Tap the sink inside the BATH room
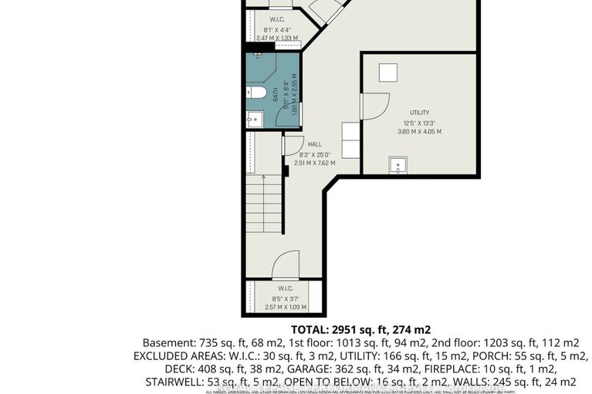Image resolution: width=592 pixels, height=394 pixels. pos(255,119)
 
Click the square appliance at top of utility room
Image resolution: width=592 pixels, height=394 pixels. pos(387,71)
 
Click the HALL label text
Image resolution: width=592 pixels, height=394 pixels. pos(314,144)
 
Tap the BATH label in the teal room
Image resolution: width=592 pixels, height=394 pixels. pos(275,95)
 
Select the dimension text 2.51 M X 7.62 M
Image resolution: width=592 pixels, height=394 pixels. pos(314,163)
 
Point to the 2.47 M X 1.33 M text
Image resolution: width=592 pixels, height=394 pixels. pos(276,38)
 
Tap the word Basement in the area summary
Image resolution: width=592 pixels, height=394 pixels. pos(164,342)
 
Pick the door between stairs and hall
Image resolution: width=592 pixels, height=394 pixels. pos(292,144)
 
